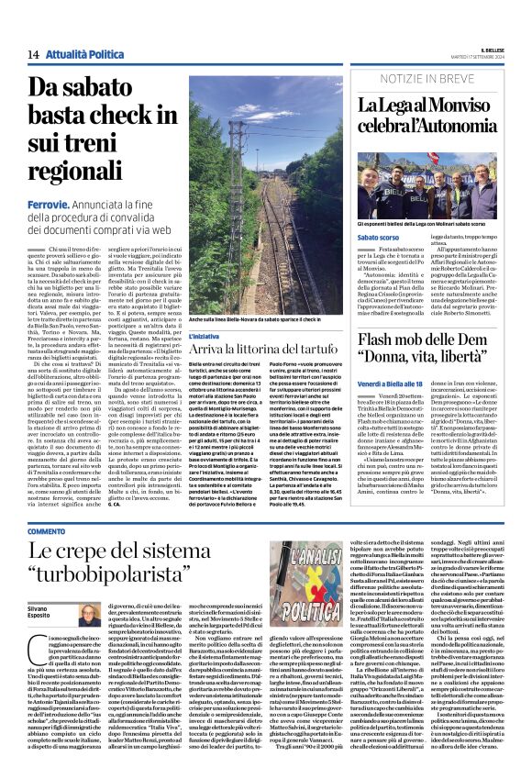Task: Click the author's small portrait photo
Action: (89, 616)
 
